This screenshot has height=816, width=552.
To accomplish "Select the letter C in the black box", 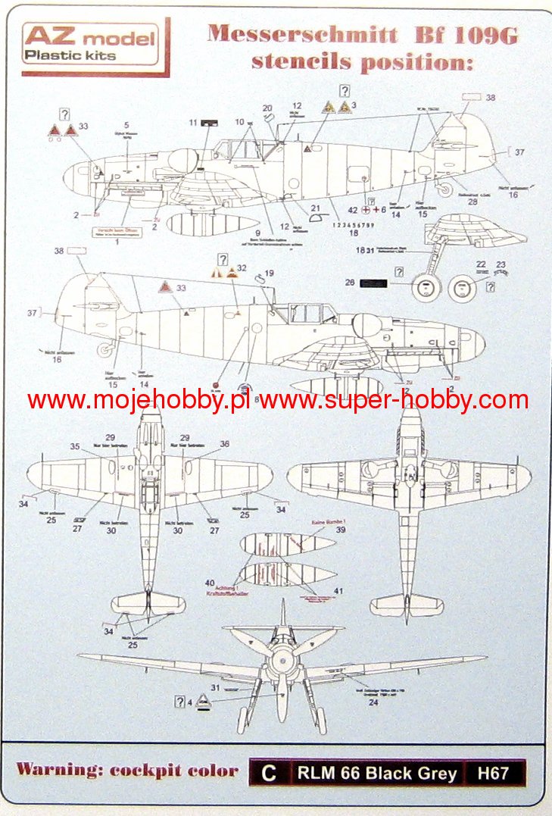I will click(267, 773).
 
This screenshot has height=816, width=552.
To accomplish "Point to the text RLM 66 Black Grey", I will click(376, 773).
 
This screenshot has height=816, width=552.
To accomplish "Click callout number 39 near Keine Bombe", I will click(340, 530).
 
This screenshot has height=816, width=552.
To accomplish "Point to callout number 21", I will click(315, 208).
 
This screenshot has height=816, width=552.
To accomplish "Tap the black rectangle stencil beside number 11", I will click(210, 122).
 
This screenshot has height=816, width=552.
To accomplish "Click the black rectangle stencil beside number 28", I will click(372, 283).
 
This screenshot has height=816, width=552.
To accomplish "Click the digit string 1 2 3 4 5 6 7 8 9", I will click(353, 225).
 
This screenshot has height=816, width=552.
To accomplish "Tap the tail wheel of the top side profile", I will click(446, 189).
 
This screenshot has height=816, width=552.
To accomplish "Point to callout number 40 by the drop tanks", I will click(209, 583).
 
